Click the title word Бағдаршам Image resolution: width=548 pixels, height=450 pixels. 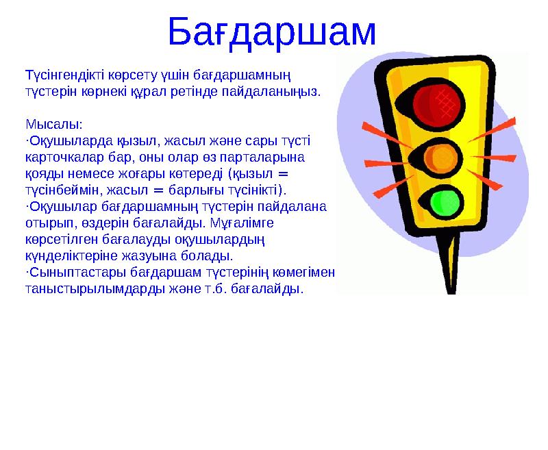(x=271, y=32)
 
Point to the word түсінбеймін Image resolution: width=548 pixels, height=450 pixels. (x=62, y=190)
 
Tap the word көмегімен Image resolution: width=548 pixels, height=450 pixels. (x=306, y=273)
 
